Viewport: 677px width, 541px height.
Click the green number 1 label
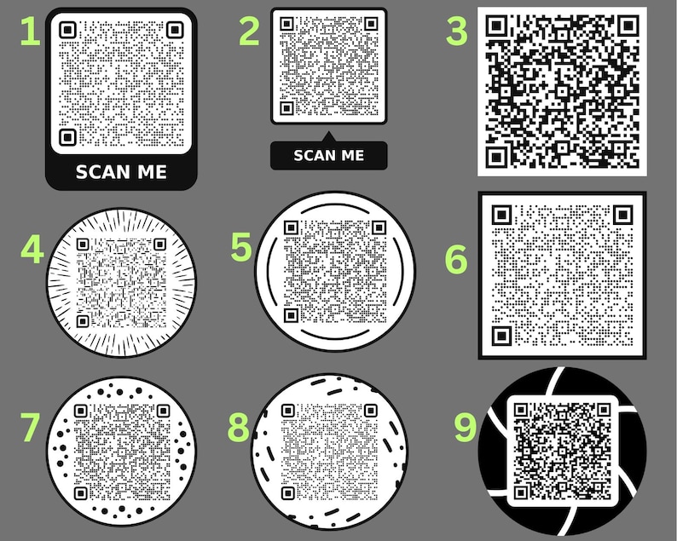click(30, 32)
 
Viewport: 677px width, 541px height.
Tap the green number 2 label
click(250, 32)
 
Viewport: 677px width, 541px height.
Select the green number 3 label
click(457, 32)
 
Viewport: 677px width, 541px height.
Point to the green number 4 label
click(32, 250)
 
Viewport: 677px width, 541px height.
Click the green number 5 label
click(241, 247)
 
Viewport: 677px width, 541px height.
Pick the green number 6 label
click(456, 259)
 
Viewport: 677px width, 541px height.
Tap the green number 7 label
click(30, 427)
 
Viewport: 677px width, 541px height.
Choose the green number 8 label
click(239, 427)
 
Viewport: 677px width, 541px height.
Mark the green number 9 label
click(466, 427)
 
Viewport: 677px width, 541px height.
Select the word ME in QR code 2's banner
click(354, 155)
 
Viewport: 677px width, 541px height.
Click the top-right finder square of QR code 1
click(175, 30)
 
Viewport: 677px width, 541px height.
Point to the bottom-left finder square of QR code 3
click(496, 157)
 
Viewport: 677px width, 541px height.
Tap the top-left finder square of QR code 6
click(501, 215)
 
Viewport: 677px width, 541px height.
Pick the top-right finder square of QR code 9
click(604, 410)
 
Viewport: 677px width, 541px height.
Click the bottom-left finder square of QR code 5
click(291, 315)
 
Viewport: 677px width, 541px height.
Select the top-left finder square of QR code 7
click(81, 411)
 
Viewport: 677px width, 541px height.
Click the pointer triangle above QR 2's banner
click(328, 138)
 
